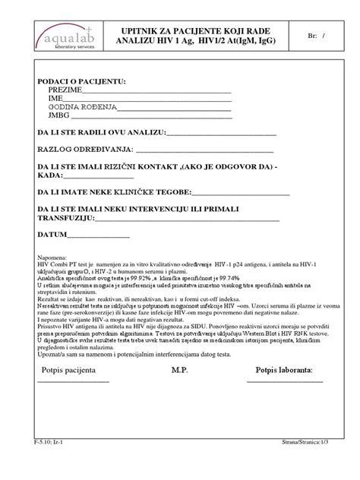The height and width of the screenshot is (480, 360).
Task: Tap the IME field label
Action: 55,99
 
